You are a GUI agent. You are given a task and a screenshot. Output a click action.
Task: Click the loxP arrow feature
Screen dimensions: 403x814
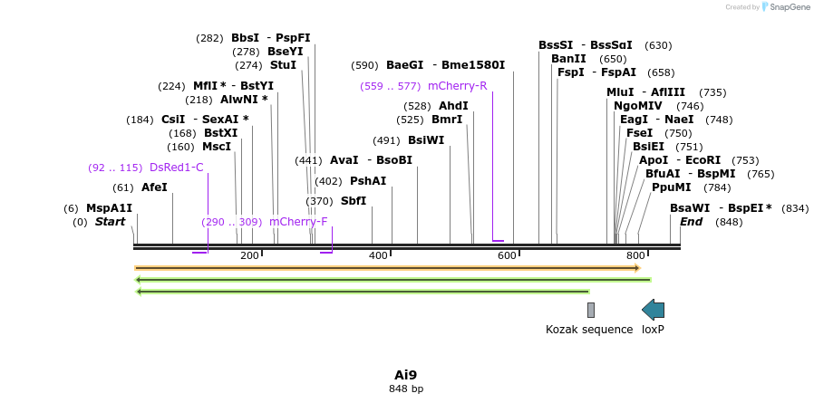tap(653, 310)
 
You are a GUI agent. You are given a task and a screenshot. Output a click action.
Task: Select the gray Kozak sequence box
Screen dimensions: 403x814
tap(591, 310)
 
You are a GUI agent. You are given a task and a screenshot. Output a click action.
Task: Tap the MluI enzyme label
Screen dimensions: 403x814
tap(620, 92)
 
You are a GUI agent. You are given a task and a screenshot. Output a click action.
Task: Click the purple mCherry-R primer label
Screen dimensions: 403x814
tap(457, 86)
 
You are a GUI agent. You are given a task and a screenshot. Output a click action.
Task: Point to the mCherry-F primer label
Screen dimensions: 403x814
tap(298, 222)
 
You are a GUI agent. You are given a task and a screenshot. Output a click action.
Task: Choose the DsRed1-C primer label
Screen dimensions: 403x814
tap(176, 168)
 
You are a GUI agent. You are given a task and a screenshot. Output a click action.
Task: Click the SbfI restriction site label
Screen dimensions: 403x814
tap(354, 201)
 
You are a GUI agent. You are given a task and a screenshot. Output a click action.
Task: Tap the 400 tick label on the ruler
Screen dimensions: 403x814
tap(378, 256)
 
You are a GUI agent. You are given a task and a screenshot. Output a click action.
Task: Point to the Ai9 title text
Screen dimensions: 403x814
tap(405, 375)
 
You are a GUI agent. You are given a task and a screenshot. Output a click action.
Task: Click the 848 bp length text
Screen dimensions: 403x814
tap(405, 389)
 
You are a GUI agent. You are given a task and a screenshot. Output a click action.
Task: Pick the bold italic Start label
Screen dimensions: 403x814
tap(110, 222)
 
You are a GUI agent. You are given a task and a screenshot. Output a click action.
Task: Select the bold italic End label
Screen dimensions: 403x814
tap(691, 222)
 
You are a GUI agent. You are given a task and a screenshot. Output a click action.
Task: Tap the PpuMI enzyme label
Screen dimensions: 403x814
tap(671, 187)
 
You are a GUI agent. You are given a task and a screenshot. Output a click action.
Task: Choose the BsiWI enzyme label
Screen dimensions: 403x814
tap(426, 140)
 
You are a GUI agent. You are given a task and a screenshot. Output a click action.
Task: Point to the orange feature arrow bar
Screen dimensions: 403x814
tap(387, 268)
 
